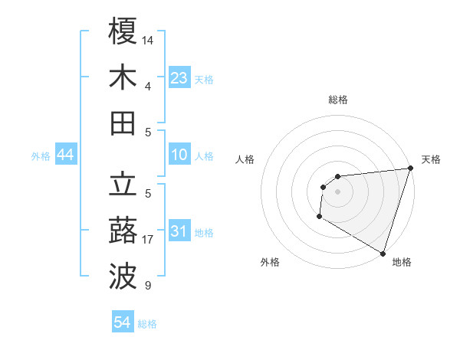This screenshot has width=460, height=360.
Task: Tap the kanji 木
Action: click(x=123, y=77)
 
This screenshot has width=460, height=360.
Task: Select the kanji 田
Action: click(x=123, y=123)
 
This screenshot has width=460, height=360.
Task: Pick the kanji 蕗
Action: click(x=123, y=231)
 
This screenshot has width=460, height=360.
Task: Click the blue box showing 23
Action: click(x=179, y=78)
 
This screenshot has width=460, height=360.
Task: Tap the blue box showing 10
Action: click(x=179, y=155)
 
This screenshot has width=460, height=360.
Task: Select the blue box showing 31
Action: click(x=179, y=232)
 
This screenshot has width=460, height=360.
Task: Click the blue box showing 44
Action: click(x=66, y=155)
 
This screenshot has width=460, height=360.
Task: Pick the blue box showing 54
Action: click(x=122, y=322)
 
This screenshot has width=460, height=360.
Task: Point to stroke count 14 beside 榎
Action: click(x=149, y=39)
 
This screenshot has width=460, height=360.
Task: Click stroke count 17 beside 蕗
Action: click(x=149, y=240)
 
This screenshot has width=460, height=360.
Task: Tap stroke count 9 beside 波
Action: click(x=148, y=286)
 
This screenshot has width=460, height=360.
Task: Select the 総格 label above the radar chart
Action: click(x=338, y=100)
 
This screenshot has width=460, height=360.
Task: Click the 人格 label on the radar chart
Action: click(x=245, y=159)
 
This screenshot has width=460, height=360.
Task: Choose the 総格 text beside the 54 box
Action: click(x=147, y=324)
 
